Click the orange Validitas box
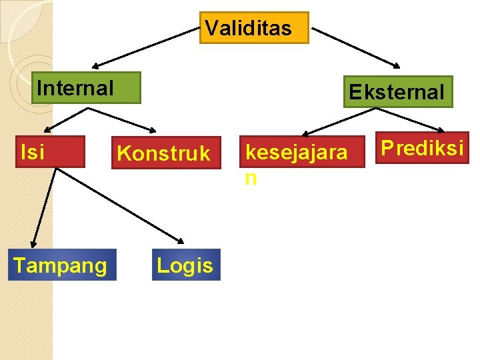tap(254, 28)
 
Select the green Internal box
tap(86, 88)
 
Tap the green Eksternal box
tap(399, 92)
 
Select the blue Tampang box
tap(62, 265)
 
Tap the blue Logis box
tap(186, 265)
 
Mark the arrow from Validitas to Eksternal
tap(357, 47)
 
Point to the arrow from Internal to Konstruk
tap(133, 117)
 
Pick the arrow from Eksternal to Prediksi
tap(413, 119)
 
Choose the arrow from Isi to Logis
tap(120, 205)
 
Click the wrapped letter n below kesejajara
tap(251, 178)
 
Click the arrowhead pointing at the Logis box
tap(181, 241)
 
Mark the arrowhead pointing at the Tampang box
tap(33, 243)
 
